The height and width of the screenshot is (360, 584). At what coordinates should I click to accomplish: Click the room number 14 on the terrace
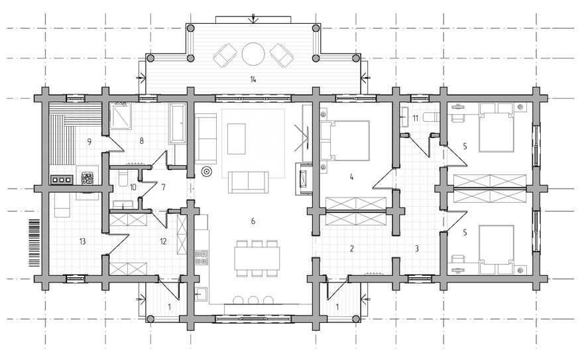253,80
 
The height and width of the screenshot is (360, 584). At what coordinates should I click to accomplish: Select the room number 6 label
253,221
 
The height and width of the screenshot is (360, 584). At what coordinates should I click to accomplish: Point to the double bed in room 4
345,141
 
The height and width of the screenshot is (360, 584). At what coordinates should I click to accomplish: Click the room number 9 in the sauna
89,142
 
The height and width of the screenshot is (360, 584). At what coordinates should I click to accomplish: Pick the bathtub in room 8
177,123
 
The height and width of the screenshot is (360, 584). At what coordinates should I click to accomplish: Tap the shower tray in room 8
121,116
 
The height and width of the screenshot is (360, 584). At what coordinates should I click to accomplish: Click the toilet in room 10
123,179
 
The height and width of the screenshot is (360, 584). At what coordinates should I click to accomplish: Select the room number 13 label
82,241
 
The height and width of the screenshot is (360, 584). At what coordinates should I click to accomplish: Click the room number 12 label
163,241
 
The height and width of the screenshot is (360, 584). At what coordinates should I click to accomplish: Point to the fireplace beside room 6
304,178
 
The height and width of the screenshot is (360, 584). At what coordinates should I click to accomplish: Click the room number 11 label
415,118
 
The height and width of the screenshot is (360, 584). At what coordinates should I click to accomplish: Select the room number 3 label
417,248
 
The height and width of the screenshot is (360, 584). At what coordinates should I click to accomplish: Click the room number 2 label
351,248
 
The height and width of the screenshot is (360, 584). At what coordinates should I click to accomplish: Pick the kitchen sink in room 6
202,294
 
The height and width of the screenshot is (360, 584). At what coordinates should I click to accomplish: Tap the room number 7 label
163,187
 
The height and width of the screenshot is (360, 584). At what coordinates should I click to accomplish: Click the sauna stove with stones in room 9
88,178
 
